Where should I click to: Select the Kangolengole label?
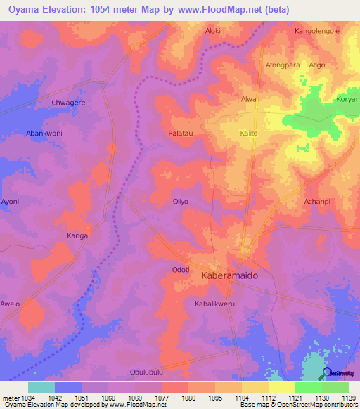[317, 32]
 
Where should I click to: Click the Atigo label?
[317, 65]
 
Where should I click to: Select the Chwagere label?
[69, 103]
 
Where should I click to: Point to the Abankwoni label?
[44, 133]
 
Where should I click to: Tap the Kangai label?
[78, 235]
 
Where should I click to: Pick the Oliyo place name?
[181, 202]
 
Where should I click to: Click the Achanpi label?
[317, 202]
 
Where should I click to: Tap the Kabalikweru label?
[214, 304]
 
